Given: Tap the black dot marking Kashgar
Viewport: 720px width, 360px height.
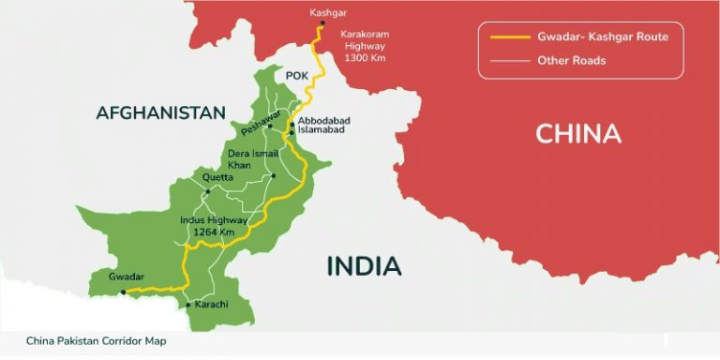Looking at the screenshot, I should pyautogui.click(x=322, y=22).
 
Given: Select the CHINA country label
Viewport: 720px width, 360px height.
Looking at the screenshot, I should pyautogui.click(x=578, y=134).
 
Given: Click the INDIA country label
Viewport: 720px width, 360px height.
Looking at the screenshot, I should pyautogui.click(x=364, y=266).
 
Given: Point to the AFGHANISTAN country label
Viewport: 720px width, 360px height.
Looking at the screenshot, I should pyautogui.click(x=160, y=113).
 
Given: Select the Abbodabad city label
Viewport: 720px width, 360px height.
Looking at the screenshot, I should pyautogui.click(x=325, y=122).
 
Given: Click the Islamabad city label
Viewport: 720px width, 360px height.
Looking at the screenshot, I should pyautogui.click(x=322, y=131).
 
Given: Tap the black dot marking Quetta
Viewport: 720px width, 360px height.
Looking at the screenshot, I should pyautogui.click(x=208, y=190).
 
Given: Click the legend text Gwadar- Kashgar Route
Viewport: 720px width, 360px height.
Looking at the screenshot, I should pyautogui.click(x=592, y=37).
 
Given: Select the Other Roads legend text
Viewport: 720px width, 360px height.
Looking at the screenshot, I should pyautogui.click(x=571, y=61).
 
